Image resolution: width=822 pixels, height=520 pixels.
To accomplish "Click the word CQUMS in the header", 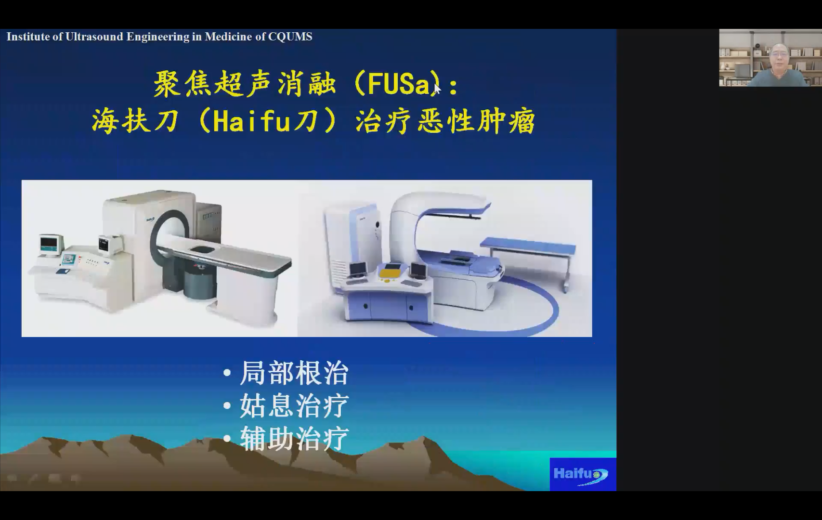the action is [290, 37].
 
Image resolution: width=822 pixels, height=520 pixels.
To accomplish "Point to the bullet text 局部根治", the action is [294, 373].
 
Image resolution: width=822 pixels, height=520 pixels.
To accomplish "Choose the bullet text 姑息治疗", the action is [294, 405].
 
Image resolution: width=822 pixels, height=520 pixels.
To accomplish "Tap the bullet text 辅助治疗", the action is [294, 438].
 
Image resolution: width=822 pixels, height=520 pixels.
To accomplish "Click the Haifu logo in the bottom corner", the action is [583, 474].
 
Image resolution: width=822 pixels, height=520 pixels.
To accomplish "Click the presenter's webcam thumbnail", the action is [770, 58].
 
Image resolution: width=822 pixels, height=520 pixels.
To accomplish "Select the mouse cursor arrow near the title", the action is [437, 89].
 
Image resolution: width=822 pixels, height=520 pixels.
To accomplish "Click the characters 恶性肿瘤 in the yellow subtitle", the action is [477, 121].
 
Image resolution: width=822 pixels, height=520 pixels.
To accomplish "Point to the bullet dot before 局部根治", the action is [227, 373].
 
